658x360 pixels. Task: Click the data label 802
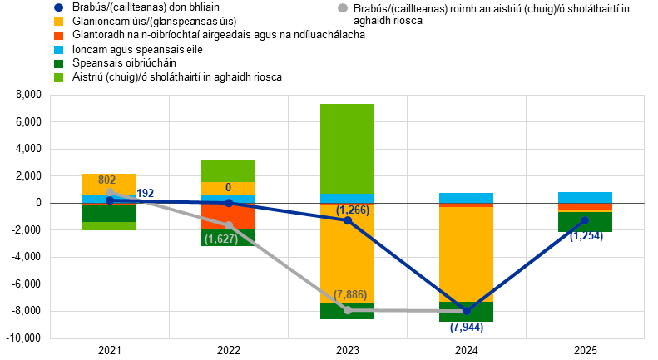pyautogui.click(x=106, y=180)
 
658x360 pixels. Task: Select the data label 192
pyautogui.click(x=146, y=194)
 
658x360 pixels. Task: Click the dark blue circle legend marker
pyautogui.click(x=58, y=7)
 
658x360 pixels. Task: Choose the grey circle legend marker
pyautogui.click(x=343, y=7)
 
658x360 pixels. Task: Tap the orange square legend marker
pyautogui.click(x=58, y=36)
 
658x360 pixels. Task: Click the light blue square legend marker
pyautogui.click(x=58, y=50)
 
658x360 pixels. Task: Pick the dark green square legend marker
pyautogui.click(x=58, y=64)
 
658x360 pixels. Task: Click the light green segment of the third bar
pyautogui.click(x=348, y=149)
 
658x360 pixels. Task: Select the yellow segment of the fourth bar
pyautogui.click(x=466, y=254)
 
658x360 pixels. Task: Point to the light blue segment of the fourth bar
pyautogui.click(x=466, y=198)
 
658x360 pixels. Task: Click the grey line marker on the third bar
pyautogui.click(x=348, y=310)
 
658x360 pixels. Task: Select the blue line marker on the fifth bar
pyautogui.click(x=585, y=220)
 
